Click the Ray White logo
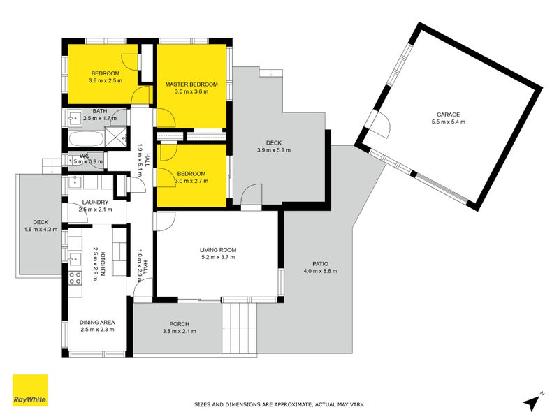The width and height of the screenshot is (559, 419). [x=30, y=390]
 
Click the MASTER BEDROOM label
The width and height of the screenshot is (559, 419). [x=191, y=84]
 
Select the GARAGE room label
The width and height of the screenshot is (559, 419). [x=448, y=115]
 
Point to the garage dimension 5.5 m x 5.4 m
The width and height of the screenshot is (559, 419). [x=448, y=122]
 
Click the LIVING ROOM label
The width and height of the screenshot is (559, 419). [x=218, y=250]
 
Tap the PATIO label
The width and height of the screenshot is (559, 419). [x=320, y=264]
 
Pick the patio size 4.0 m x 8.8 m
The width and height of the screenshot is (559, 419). [x=320, y=271]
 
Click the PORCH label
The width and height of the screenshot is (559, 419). [x=180, y=324]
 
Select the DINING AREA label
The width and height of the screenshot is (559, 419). [x=97, y=322]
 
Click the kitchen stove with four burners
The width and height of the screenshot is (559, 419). [x=75, y=278]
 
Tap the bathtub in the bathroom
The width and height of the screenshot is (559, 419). [x=87, y=138]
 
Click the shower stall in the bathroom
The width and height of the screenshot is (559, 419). [x=116, y=137]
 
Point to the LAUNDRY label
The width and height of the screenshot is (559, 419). [x=95, y=202]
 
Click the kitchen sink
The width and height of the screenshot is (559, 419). [x=75, y=258]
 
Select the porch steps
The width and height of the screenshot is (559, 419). [x=239, y=328]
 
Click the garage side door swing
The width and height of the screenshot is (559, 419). [x=381, y=124]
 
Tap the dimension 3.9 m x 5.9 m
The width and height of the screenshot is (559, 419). [x=274, y=150]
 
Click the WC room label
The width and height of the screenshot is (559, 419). [x=84, y=156]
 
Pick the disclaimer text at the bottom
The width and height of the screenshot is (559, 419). [x=279, y=405]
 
